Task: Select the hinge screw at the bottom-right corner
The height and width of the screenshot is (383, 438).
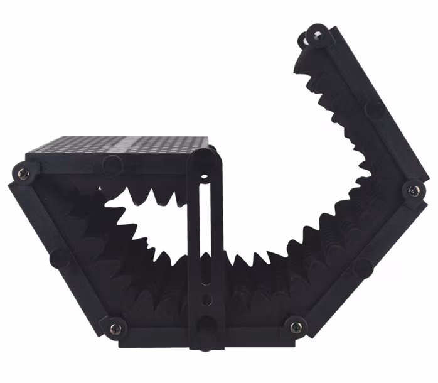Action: click(295, 326)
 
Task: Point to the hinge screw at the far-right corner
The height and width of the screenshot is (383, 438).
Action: click(414, 190)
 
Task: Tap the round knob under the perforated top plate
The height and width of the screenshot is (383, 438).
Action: click(112, 165)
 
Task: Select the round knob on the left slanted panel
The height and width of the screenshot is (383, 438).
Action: click(60, 257)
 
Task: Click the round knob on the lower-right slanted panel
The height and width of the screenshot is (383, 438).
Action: click(363, 267)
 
